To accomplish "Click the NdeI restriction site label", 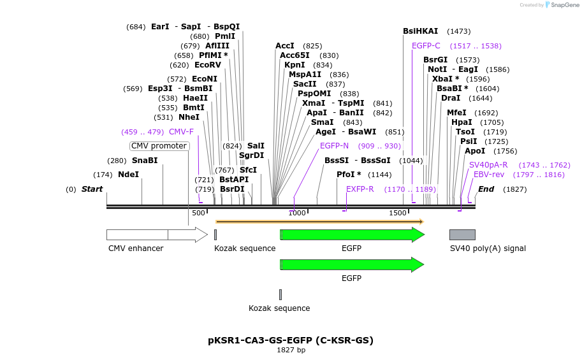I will tap(128, 175).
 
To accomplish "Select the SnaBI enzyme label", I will tap(145, 161).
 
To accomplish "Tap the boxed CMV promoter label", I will tap(159, 146).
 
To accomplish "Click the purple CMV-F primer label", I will tap(181, 132).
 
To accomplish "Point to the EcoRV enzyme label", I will tap(208, 65).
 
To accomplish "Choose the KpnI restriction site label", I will tap(295, 65).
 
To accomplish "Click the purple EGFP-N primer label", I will tap(334, 146).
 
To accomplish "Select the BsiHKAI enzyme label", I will tap(420, 31).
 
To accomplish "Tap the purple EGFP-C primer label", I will tap(426, 46).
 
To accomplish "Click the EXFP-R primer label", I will tap(360, 189).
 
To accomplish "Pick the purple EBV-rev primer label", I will tap(489, 175).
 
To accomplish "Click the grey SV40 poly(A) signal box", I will tap(462, 234).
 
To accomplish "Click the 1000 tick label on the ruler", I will tap(297, 213).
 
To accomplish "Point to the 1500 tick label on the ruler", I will tap(398, 213).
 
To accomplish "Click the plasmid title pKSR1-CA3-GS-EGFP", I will tap(291, 340).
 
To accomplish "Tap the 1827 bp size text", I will tap(291, 350).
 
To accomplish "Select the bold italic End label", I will tap(486, 189).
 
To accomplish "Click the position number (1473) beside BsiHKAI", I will tap(459, 31).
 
